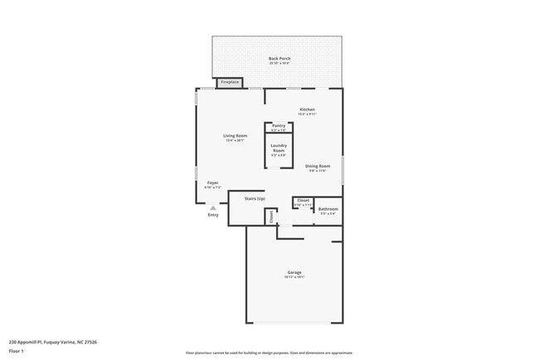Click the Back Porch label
point(278,58)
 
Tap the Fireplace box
point(229,82)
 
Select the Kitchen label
point(307,109)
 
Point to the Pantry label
point(278,125)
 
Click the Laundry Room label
point(278,148)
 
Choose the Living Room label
point(235,135)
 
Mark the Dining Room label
point(318,165)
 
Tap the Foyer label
point(212,182)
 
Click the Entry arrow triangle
point(213,208)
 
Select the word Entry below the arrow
point(213,216)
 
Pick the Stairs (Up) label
point(255,199)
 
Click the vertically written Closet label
point(270,216)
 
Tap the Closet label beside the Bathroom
point(303,200)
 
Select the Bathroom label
point(328,209)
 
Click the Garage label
point(294,272)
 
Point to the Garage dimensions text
point(294,277)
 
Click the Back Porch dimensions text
point(278,63)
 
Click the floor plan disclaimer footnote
point(269,352)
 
